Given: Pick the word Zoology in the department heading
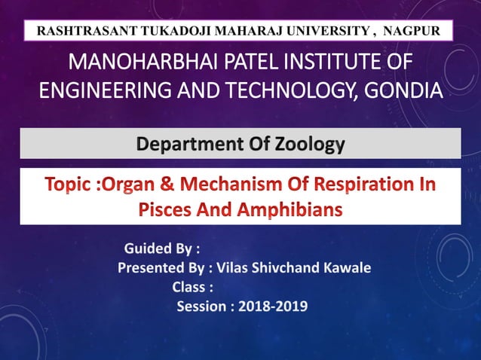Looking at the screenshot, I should [308, 143].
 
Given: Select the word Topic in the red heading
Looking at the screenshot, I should [69, 185].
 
